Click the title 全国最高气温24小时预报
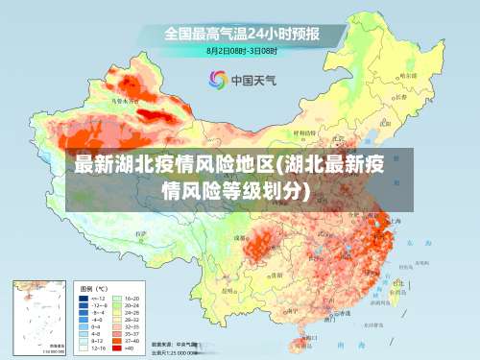point(241,34)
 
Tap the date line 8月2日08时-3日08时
point(241,50)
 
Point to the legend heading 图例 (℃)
point(93,288)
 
